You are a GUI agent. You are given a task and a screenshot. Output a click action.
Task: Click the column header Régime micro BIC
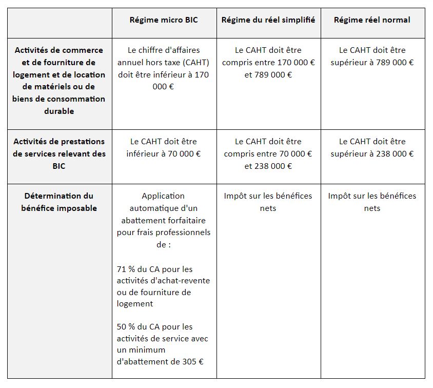(x=164, y=20)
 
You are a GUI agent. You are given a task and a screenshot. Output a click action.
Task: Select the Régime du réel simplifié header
(x=268, y=20)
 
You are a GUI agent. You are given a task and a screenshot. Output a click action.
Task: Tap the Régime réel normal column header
(x=372, y=20)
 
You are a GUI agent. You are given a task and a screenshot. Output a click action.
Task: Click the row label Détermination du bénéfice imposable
(x=60, y=202)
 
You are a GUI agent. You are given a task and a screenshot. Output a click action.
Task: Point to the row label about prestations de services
(x=60, y=153)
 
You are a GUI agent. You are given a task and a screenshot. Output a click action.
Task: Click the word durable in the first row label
(x=58, y=111)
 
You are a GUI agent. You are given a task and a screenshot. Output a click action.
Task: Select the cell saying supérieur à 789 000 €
(x=372, y=56)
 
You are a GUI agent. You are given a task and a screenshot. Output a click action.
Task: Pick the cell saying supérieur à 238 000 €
(x=372, y=148)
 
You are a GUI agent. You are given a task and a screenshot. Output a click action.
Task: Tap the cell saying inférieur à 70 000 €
(x=164, y=148)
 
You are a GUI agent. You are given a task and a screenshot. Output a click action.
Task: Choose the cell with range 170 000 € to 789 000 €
(x=268, y=63)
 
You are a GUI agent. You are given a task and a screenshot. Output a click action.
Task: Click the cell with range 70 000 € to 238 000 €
(x=268, y=154)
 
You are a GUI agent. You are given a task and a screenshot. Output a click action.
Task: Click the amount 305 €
(x=193, y=361)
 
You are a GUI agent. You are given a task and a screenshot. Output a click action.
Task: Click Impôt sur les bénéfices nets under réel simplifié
(x=268, y=202)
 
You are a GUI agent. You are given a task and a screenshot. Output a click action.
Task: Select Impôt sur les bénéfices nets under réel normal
(x=372, y=202)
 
